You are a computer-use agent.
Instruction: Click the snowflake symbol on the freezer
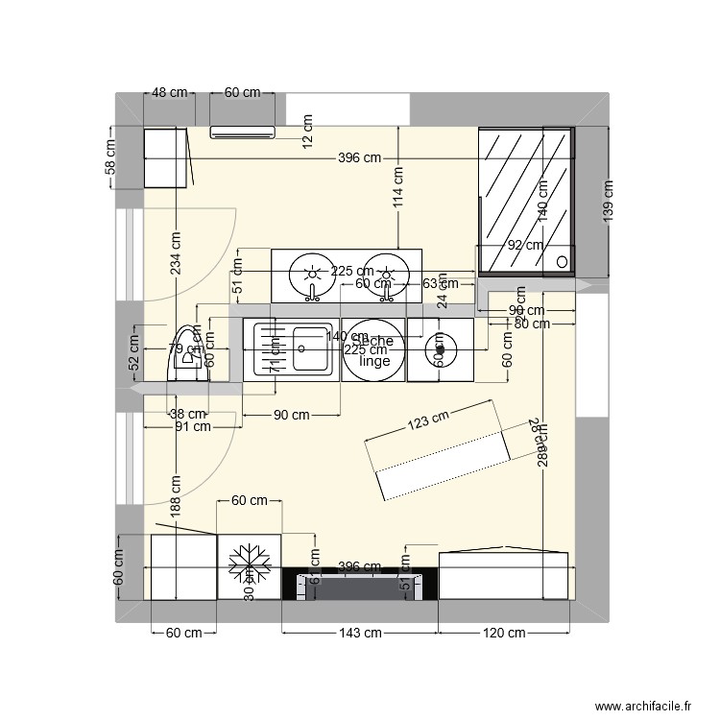coord(249,564)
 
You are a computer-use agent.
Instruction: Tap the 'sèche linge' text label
coord(372,351)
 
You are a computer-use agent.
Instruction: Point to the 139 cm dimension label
coord(608,201)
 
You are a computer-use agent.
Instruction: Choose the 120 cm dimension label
coord(503,633)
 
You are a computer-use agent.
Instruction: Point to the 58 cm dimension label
coord(111,156)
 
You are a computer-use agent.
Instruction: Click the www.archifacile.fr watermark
coord(642,707)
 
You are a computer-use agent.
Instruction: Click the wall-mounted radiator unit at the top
coord(242,132)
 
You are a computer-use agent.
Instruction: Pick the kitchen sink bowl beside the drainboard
coord(311,338)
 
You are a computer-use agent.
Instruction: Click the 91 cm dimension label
coord(191,428)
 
